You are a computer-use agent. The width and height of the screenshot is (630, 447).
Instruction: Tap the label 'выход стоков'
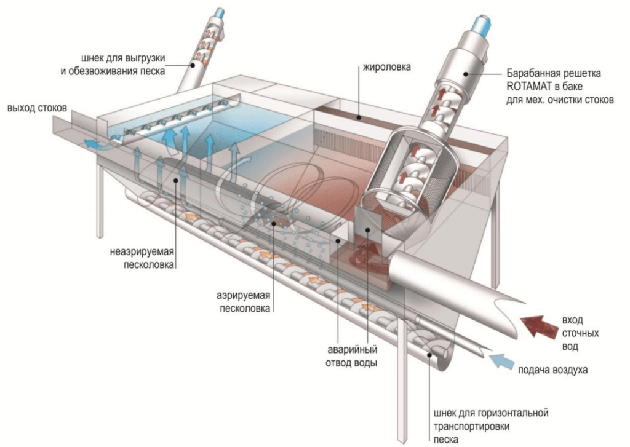click(x=36, y=108)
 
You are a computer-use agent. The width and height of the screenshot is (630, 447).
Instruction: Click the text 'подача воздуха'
click(x=552, y=370)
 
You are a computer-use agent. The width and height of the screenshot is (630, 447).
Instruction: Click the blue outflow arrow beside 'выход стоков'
click(x=92, y=144)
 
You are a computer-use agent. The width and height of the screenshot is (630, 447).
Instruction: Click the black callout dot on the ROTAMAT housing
click(x=465, y=74)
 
